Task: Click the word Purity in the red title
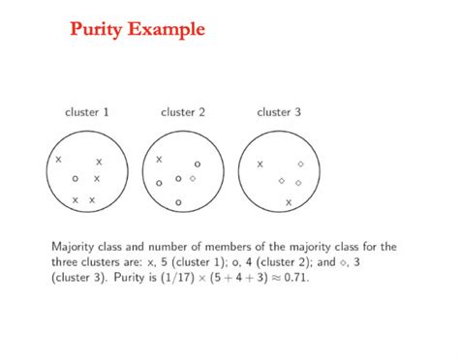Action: [x=100, y=29]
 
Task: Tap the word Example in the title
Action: [x=168, y=29]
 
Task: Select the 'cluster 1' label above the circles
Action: [x=87, y=112]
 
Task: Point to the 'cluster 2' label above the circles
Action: [x=183, y=112]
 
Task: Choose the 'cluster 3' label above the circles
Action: [x=279, y=112]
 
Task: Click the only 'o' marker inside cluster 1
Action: [x=75, y=179]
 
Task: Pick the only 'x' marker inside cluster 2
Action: [x=160, y=159]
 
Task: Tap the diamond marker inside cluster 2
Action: [x=193, y=178]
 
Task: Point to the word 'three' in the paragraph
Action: [x=64, y=261]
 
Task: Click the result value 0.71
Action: [x=297, y=277]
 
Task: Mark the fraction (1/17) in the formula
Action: [x=168, y=277]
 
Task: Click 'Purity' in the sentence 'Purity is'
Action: [x=123, y=277]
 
